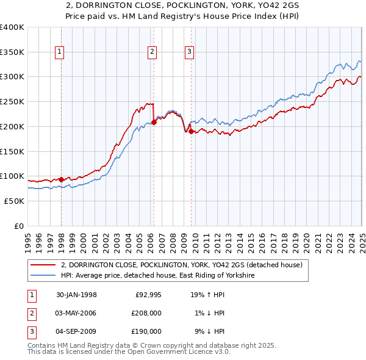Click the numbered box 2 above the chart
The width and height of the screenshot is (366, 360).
(x=152, y=52)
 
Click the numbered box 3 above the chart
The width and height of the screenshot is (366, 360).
(x=190, y=52)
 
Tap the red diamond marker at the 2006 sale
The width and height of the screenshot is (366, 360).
(x=154, y=122)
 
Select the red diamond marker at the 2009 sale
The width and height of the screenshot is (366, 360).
(x=191, y=131)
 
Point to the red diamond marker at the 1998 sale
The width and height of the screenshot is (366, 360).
(x=62, y=179)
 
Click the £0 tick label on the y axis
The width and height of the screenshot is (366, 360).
(x=18, y=226)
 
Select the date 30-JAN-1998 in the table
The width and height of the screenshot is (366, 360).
(x=76, y=295)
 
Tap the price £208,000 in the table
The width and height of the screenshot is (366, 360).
(x=146, y=313)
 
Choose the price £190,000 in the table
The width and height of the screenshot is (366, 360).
(x=146, y=331)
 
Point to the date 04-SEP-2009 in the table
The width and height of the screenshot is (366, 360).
(x=76, y=331)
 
